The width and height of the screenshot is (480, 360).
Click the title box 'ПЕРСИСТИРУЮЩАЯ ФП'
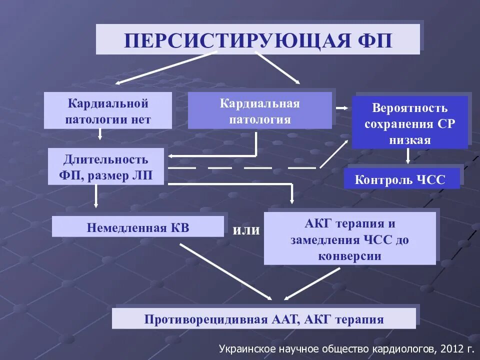[x=257, y=39]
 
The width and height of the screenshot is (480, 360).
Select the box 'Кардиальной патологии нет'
[x=108, y=111]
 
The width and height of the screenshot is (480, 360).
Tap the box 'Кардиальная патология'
[x=259, y=111]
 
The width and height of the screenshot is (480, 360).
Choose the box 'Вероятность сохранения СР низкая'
[x=409, y=123]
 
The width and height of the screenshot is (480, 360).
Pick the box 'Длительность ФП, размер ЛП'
[x=105, y=167]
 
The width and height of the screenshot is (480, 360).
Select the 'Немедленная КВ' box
[x=137, y=227]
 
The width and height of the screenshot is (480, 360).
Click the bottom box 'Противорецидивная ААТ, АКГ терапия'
[x=263, y=319]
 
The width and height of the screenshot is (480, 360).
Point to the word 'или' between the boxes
[x=246, y=230]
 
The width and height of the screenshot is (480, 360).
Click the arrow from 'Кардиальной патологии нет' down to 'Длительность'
[x=100, y=133]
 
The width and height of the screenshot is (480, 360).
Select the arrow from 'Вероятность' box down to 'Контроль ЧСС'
[x=408, y=156]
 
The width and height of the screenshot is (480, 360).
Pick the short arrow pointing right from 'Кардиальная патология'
[x=342, y=107]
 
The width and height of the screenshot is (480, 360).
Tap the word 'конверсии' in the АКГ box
[x=349, y=256]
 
